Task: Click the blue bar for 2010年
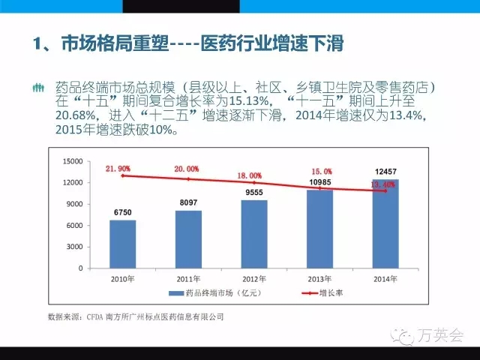[117, 244]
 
